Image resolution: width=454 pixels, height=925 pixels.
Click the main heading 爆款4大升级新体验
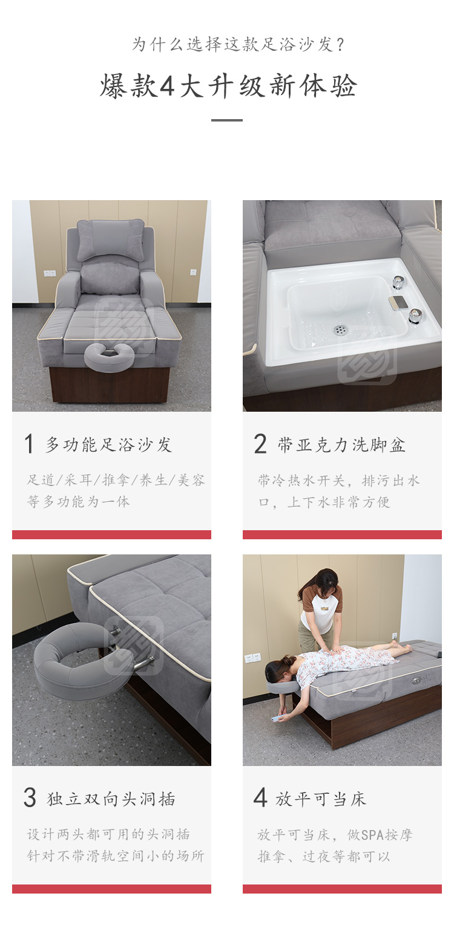(x=228, y=86)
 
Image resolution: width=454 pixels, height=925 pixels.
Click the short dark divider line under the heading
(x=226, y=120)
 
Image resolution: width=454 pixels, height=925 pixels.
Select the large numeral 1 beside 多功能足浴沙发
(x=29, y=444)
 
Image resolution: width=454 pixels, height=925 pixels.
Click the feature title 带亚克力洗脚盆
(x=341, y=445)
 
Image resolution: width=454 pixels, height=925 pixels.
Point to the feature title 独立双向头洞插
(x=111, y=799)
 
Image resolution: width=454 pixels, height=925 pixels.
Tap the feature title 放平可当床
(x=321, y=799)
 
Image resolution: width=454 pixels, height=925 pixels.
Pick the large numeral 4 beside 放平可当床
(x=260, y=797)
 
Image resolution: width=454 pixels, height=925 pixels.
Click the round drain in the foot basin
(x=340, y=329)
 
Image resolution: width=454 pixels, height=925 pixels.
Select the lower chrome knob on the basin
(x=415, y=315)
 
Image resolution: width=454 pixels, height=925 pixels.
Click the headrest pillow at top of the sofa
(x=110, y=239)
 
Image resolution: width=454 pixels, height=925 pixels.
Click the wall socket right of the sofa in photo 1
(x=193, y=271)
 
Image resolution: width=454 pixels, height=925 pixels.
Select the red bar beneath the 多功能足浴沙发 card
(x=111, y=534)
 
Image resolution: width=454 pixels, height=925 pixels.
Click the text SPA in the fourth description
(x=370, y=835)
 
